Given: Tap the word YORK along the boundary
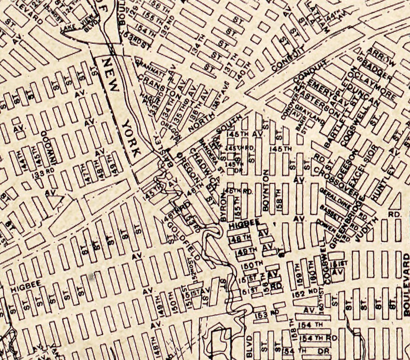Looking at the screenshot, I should (x=131, y=137).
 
